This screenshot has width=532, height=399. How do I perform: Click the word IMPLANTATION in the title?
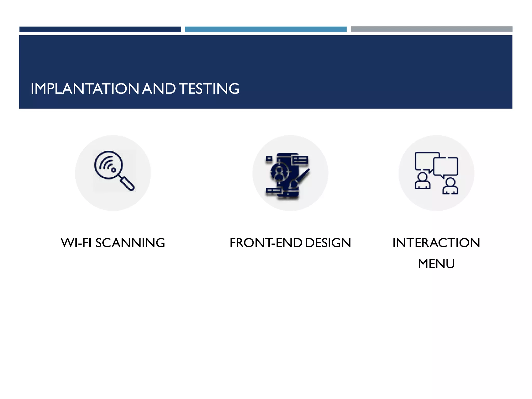[x=85, y=89]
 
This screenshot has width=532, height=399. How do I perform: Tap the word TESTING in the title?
[x=209, y=89]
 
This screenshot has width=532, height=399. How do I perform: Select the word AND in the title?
[x=159, y=89]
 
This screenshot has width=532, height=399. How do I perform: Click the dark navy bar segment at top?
[x=100, y=29]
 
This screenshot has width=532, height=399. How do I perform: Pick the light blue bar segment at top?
[x=265, y=29]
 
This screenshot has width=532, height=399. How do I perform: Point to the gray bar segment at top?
[x=431, y=29]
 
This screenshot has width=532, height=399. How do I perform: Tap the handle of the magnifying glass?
[x=127, y=183]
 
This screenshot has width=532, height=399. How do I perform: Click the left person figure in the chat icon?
[x=422, y=181]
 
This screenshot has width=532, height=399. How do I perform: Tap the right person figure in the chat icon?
[x=450, y=187]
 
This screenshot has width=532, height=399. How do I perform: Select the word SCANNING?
[x=130, y=243]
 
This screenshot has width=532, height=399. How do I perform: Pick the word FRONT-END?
[x=266, y=243]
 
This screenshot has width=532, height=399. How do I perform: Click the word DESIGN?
[x=328, y=243]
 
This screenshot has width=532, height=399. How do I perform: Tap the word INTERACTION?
[x=436, y=243]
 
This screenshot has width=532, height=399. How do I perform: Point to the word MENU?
[x=436, y=264]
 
